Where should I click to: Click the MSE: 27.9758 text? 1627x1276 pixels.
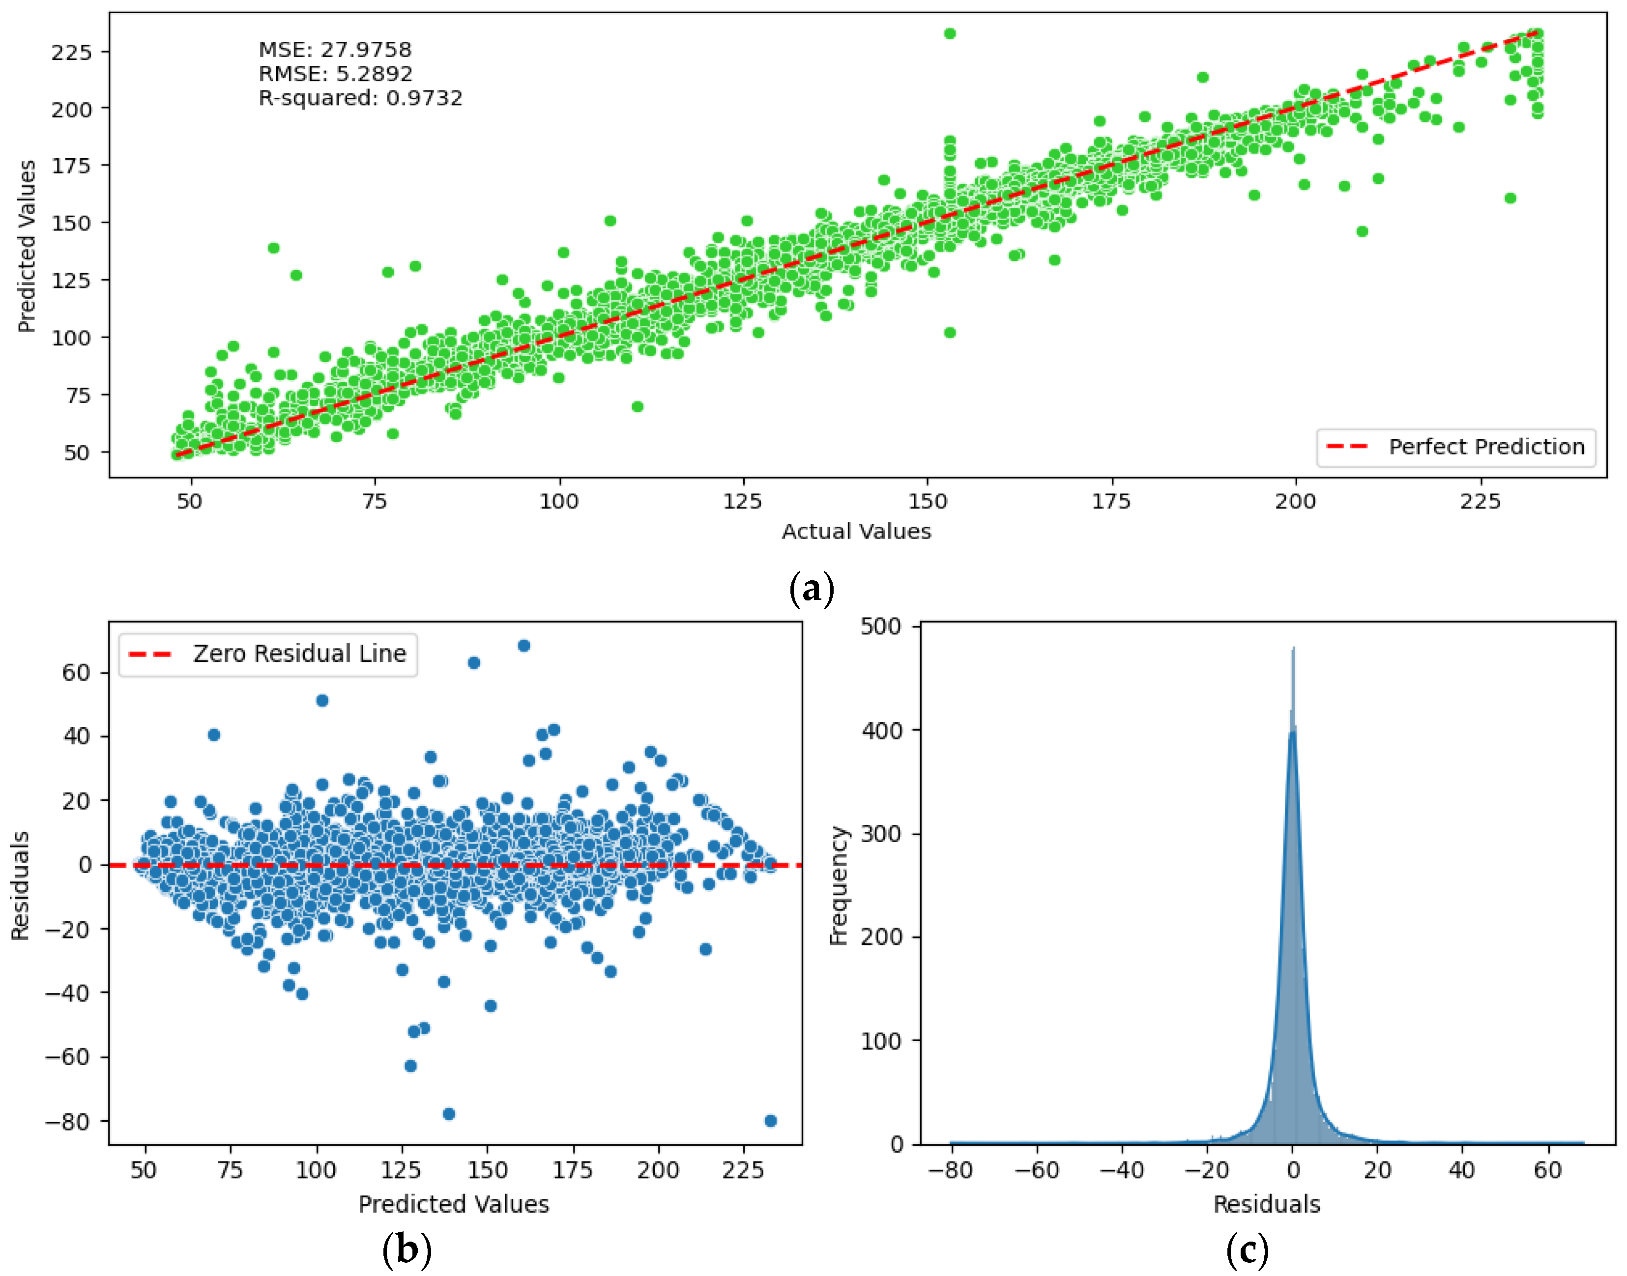click(x=334, y=49)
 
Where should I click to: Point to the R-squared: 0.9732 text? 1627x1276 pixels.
click(x=360, y=98)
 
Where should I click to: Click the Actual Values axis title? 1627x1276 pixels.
click(x=856, y=531)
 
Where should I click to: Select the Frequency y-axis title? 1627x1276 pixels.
click(x=839, y=885)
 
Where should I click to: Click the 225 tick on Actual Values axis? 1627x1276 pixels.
click(x=1479, y=501)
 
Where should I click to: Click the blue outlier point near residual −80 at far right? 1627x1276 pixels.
click(x=771, y=1121)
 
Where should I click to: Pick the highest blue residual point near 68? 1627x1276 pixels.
click(x=524, y=646)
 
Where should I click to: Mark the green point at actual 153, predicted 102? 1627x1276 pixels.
click(x=949, y=333)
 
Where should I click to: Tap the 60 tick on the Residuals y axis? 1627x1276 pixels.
click(x=76, y=672)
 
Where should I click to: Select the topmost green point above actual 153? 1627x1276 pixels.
click(x=949, y=33)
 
